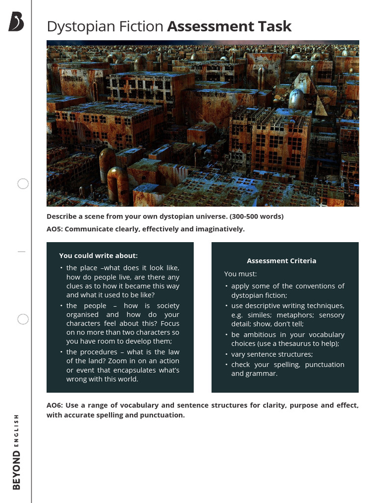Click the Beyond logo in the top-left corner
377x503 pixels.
16,22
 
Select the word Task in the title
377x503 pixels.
275,27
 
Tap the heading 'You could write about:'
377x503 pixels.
98,255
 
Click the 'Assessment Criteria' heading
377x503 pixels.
281,261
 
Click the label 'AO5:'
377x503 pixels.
56,229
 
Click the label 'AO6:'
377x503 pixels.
56,405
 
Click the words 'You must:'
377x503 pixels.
241,274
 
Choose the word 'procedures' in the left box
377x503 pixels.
98,352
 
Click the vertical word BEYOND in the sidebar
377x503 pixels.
17,470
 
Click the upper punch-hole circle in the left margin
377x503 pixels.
23,184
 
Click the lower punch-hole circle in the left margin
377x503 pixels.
23,319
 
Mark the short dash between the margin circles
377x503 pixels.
21,251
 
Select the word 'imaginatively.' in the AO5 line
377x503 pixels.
219,229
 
